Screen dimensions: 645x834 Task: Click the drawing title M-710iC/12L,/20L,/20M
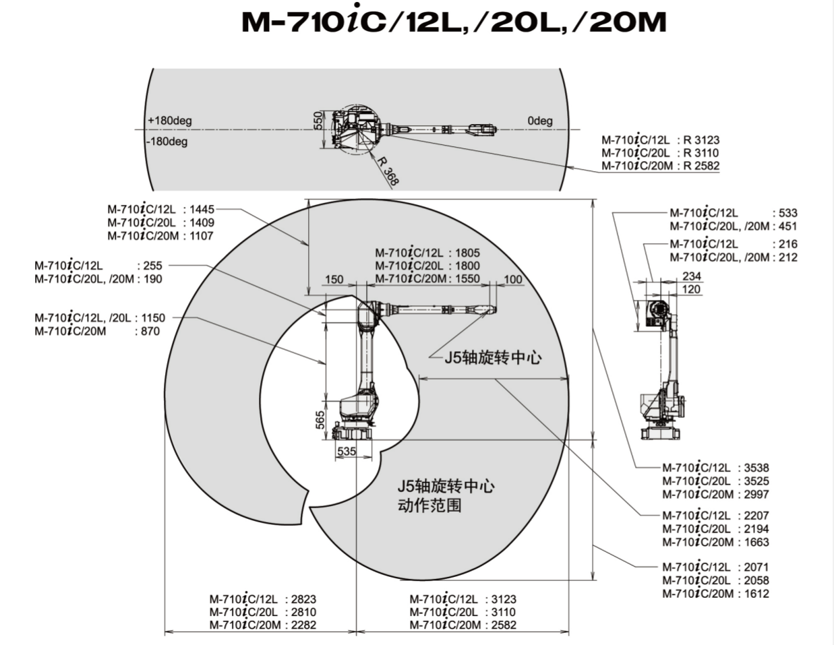(453, 22)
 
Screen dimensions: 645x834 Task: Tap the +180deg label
(169, 121)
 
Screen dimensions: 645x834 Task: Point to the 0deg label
(540, 121)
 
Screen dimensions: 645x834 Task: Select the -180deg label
(167, 142)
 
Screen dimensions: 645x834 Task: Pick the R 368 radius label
(388, 171)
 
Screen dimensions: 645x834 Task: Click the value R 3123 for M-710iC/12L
(701, 140)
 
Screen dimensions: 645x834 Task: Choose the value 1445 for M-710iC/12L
(202, 210)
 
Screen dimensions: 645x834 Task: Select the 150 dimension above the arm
(334, 280)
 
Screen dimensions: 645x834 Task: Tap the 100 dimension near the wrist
(513, 280)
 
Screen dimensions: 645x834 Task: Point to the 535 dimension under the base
(346, 452)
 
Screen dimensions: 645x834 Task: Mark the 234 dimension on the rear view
(692, 276)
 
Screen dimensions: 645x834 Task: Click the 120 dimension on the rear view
(692, 289)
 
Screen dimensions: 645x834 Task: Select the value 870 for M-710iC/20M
(150, 331)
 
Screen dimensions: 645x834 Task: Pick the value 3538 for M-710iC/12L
(756, 468)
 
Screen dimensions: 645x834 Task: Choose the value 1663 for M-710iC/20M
(756, 542)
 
